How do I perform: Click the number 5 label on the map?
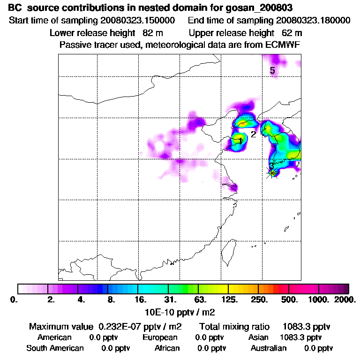272,71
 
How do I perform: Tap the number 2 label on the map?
253,134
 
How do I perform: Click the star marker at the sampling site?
272,173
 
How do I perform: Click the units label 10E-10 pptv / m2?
181,311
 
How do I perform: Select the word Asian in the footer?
258,337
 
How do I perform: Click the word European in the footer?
160,337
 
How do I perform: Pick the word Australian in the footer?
269,348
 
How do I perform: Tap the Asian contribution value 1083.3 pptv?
300,337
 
